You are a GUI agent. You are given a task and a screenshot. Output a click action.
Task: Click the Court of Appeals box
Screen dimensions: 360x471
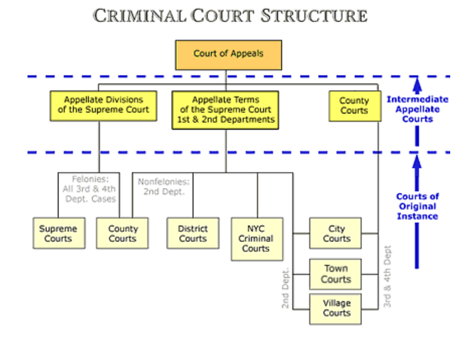[228, 54]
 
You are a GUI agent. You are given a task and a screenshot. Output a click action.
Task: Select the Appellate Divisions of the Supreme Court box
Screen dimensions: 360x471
[103, 105]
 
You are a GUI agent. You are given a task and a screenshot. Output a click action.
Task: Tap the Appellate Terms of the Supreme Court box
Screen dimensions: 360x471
[225, 109]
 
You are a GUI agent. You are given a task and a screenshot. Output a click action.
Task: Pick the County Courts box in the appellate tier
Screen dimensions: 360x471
[354, 105]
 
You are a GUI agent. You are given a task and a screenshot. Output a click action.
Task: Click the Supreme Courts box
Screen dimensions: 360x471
[58, 233]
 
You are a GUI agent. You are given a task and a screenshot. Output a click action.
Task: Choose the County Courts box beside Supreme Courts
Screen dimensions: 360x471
[122, 233]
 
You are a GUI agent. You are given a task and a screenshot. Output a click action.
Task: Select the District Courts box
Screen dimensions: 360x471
[193, 233]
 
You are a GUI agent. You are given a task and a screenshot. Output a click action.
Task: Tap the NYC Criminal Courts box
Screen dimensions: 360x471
[256, 238]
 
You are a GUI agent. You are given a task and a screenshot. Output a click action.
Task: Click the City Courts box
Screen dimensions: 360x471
[335, 234]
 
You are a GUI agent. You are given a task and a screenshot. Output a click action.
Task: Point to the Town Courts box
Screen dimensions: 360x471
[335, 274]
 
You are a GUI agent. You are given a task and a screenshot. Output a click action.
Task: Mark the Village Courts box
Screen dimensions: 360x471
[335, 308]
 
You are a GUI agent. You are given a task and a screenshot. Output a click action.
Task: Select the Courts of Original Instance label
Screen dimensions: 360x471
[417, 206]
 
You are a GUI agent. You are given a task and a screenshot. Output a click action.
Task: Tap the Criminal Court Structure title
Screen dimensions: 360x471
[230, 15]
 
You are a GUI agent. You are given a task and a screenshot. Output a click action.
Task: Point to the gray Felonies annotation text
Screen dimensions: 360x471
[93, 189]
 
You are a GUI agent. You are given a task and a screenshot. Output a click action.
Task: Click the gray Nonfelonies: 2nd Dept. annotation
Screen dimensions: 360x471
[164, 186]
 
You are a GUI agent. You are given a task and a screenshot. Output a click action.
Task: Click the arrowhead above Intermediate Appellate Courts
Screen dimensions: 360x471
[417, 85]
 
